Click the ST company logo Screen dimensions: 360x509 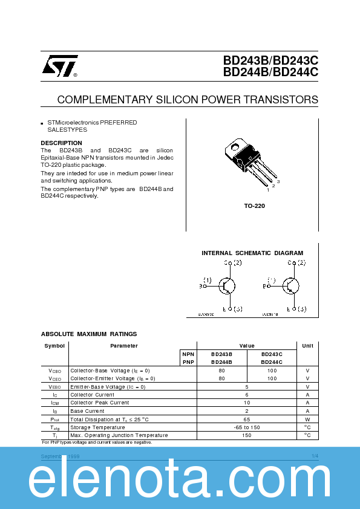coord(59,67)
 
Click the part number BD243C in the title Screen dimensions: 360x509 coord(296,60)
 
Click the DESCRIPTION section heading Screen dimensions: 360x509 coord(61,143)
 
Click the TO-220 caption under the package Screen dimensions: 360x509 coord(254,206)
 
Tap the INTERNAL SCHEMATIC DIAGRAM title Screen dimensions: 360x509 coord(252,253)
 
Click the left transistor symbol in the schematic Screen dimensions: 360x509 coord(227,286)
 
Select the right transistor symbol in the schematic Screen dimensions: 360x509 coord(291,286)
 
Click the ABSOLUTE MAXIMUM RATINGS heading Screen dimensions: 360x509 coord(89,334)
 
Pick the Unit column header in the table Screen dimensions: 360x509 coord(307,346)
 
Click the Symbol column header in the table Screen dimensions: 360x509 coord(54,346)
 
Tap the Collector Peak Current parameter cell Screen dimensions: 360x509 coord(100,403)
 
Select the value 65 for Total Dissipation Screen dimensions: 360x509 coord(246,419)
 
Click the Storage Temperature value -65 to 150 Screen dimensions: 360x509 coord(246,427)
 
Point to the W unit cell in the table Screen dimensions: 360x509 coord(307,419)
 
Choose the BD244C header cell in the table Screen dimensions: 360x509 coord(272,361)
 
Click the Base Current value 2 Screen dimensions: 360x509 coord(246,410)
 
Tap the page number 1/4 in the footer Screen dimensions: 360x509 coord(315,455)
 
